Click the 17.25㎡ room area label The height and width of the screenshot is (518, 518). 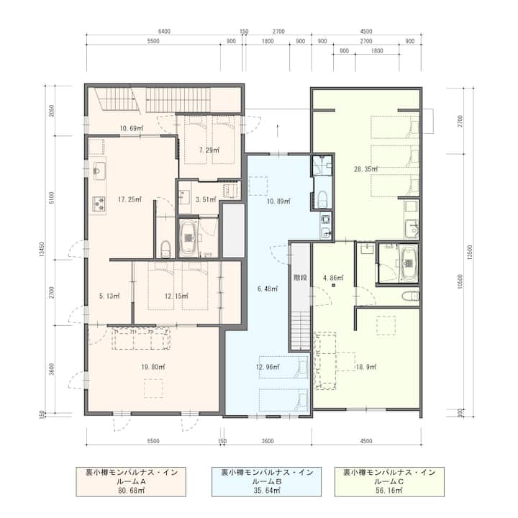click(129, 199)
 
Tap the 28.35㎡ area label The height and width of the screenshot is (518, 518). click(365, 169)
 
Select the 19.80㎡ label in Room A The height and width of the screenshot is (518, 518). click(153, 367)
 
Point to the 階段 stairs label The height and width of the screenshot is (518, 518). click(300, 278)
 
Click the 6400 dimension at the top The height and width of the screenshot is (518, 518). click(164, 32)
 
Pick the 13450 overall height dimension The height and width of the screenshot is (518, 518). click(42, 250)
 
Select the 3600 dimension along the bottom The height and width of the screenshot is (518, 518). click(268, 441)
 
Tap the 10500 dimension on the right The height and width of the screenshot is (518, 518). click(460, 281)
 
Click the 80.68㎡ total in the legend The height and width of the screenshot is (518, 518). click(131, 491)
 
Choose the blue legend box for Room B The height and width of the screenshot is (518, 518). click(267, 481)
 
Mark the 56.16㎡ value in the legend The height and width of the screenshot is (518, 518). click(389, 491)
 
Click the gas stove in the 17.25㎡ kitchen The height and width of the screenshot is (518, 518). click(99, 204)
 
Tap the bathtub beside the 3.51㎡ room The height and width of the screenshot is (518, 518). click(189, 237)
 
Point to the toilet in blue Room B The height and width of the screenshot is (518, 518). click(322, 199)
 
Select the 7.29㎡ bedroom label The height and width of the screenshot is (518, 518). click(209, 150)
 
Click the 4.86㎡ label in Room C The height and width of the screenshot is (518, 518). click(333, 278)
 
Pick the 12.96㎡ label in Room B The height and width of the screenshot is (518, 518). click(268, 367)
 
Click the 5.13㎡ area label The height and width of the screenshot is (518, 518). click(109, 296)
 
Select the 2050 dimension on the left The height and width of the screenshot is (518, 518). click(52, 111)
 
